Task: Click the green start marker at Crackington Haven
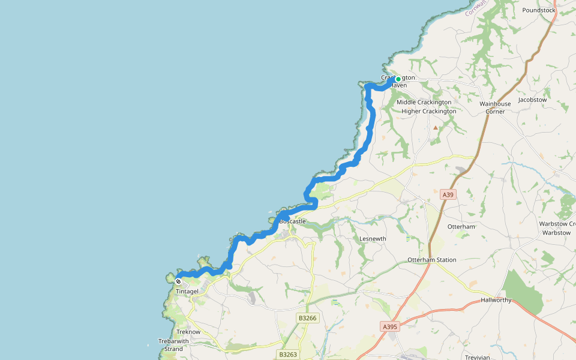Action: tap(398, 79)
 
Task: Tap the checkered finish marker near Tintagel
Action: tap(178, 281)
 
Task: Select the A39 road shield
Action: tap(448, 194)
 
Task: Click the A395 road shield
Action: tap(389, 326)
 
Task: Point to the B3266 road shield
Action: tap(307, 318)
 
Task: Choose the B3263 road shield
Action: tap(289, 355)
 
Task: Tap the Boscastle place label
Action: tap(292, 221)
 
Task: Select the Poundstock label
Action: tap(539, 10)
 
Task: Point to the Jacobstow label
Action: tap(532, 100)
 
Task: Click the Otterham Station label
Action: tap(431, 260)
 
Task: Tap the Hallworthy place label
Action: tap(496, 300)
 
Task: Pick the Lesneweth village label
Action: tap(373, 239)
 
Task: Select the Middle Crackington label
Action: tap(424, 102)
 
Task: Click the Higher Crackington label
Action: tap(428, 111)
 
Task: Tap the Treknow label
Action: tap(188, 332)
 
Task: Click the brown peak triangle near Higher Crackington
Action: tap(436, 127)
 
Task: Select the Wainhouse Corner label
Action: tap(495, 107)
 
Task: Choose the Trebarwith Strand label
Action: tap(173, 345)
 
